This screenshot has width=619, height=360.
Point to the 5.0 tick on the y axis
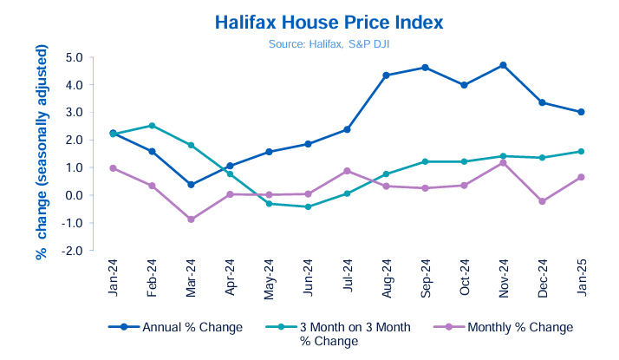coord(73,57)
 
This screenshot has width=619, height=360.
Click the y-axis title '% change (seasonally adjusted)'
coord(41,154)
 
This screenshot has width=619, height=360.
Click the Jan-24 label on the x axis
coord(114,277)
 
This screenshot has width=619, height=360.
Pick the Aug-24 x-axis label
coord(385,277)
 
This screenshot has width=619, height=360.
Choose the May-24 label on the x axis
coord(269,277)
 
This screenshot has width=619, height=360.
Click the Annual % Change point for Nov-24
coord(503,65)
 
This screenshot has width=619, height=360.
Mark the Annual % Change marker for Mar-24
coord(191,185)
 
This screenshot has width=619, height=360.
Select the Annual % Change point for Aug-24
coord(386,75)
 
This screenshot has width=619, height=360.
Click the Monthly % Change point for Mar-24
coord(191,219)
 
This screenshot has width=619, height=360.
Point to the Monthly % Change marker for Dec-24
coord(542,201)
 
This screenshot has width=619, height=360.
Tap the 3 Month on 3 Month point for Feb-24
coord(152,126)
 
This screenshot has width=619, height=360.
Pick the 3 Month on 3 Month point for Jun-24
coord(308,206)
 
